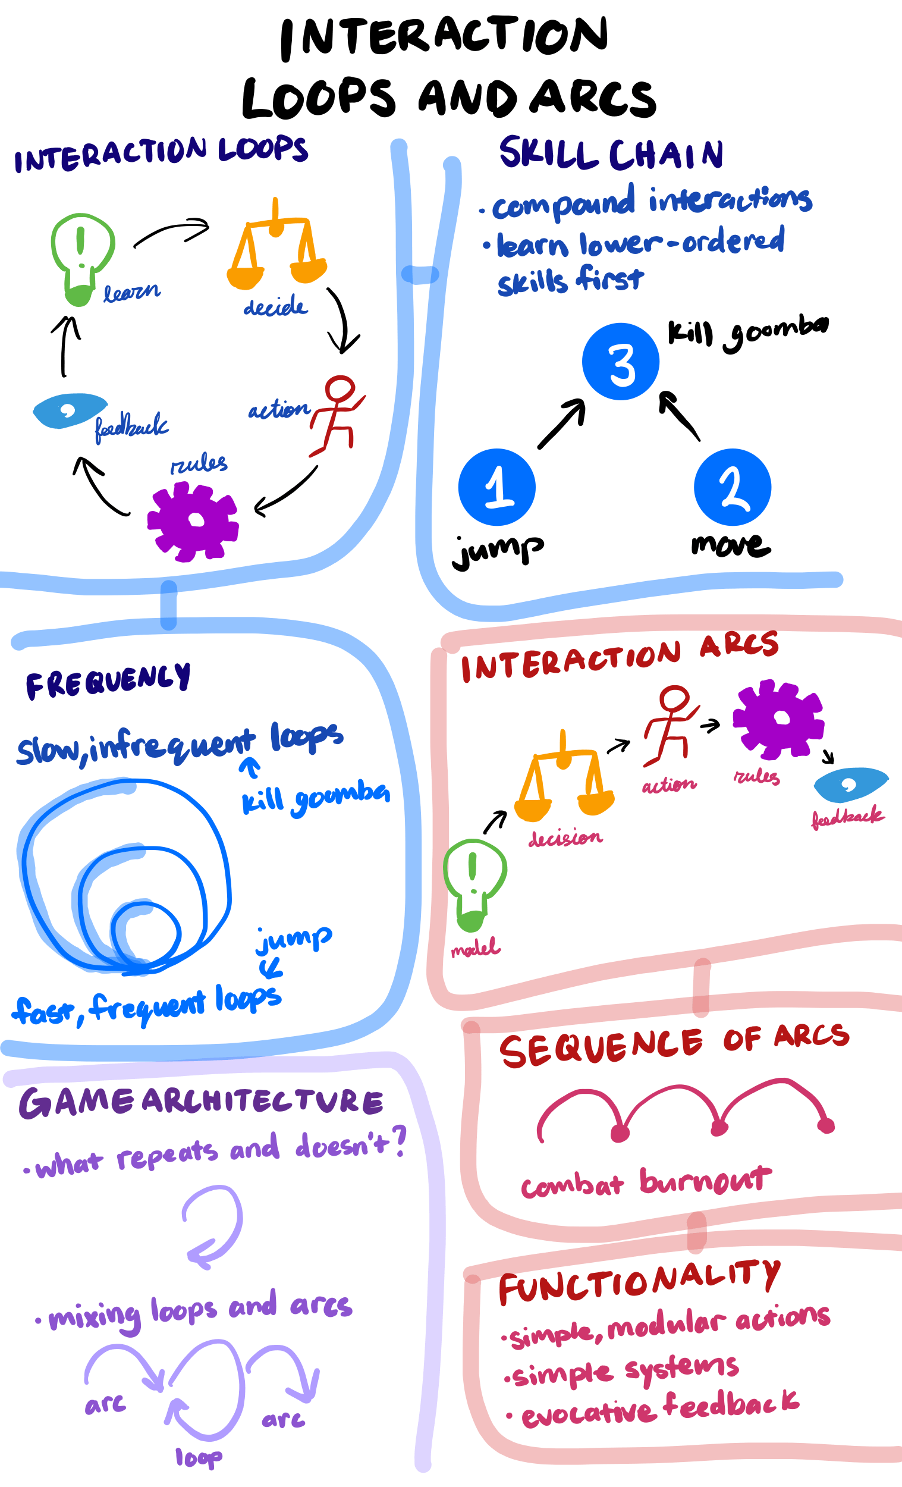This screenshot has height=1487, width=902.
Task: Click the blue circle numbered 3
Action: [620, 362]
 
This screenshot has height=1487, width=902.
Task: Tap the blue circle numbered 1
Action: [496, 487]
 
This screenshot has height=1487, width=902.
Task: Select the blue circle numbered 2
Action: [732, 487]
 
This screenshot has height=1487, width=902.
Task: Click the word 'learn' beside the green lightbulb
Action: [131, 293]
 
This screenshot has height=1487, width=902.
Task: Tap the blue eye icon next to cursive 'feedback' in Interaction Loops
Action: [69, 411]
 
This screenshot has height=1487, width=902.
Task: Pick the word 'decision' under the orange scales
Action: [565, 837]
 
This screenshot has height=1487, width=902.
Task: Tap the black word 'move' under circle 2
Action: [731, 545]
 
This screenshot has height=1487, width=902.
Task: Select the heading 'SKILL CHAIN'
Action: [611, 154]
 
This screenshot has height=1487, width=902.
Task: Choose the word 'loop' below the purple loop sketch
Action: [199, 1457]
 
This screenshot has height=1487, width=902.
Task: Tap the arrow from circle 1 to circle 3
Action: [562, 423]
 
